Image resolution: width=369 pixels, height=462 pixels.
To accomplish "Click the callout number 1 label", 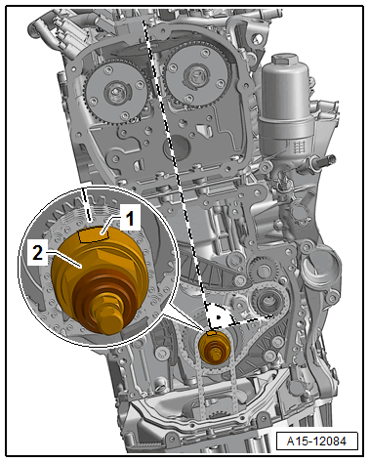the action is (130, 218).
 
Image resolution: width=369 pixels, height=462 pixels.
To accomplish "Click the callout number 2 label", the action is (38, 252).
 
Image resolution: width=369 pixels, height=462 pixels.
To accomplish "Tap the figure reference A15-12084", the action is (316, 441).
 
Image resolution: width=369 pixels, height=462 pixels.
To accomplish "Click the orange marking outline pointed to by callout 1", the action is (95, 235).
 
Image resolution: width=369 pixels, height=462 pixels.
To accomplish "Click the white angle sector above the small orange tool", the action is (218, 315).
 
